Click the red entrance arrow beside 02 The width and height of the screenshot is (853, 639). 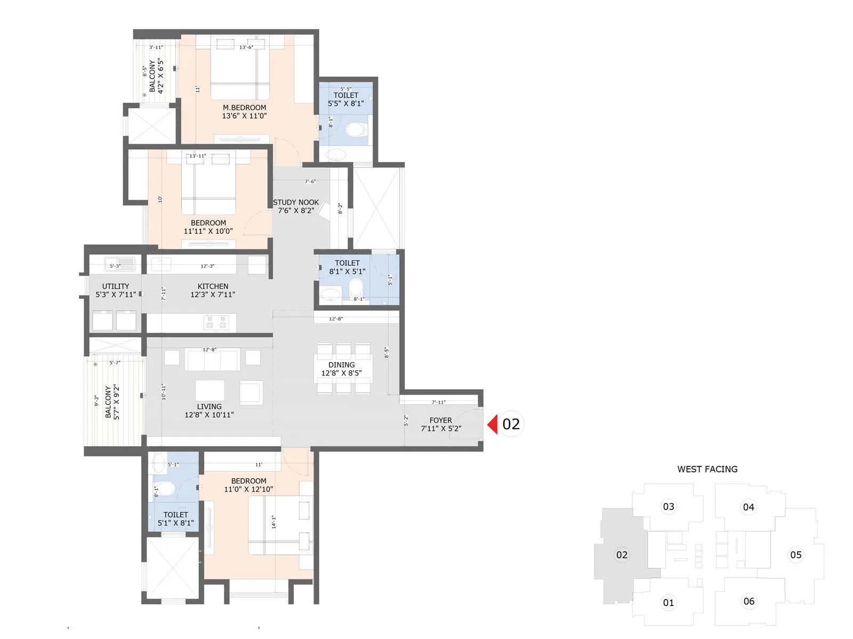click(x=493, y=424)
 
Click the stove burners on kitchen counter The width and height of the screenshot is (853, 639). click(x=215, y=322)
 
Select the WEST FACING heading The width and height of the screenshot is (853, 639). click(x=707, y=469)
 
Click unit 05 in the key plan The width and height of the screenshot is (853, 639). click(x=795, y=555)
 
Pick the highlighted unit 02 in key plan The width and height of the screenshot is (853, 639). click(x=622, y=555)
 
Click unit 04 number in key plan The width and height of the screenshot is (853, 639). click(x=749, y=507)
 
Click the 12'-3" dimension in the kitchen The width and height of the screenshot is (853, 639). click(x=207, y=266)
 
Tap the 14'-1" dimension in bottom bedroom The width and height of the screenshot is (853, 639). click(x=274, y=521)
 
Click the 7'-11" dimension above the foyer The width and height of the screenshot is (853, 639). click(x=438, y=403)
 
